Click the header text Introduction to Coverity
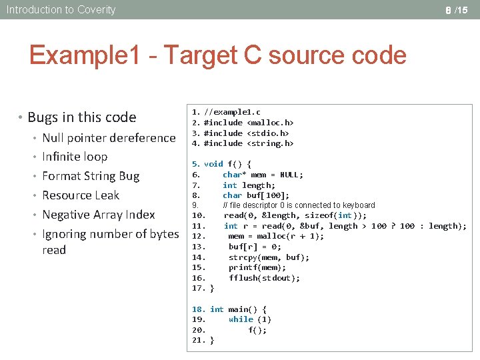point(61,9)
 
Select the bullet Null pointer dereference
point(109,138)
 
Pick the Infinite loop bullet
point(75,157)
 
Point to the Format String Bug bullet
point(91,176)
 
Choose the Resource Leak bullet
point(81,195)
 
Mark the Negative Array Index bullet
point(98,215)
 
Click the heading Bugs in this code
point(81,117)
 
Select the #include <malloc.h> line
point(249,123)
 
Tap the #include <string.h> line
point(249,143)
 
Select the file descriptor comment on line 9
point(299,205)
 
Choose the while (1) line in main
point(250,319)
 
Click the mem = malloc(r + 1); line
point(276,236)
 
